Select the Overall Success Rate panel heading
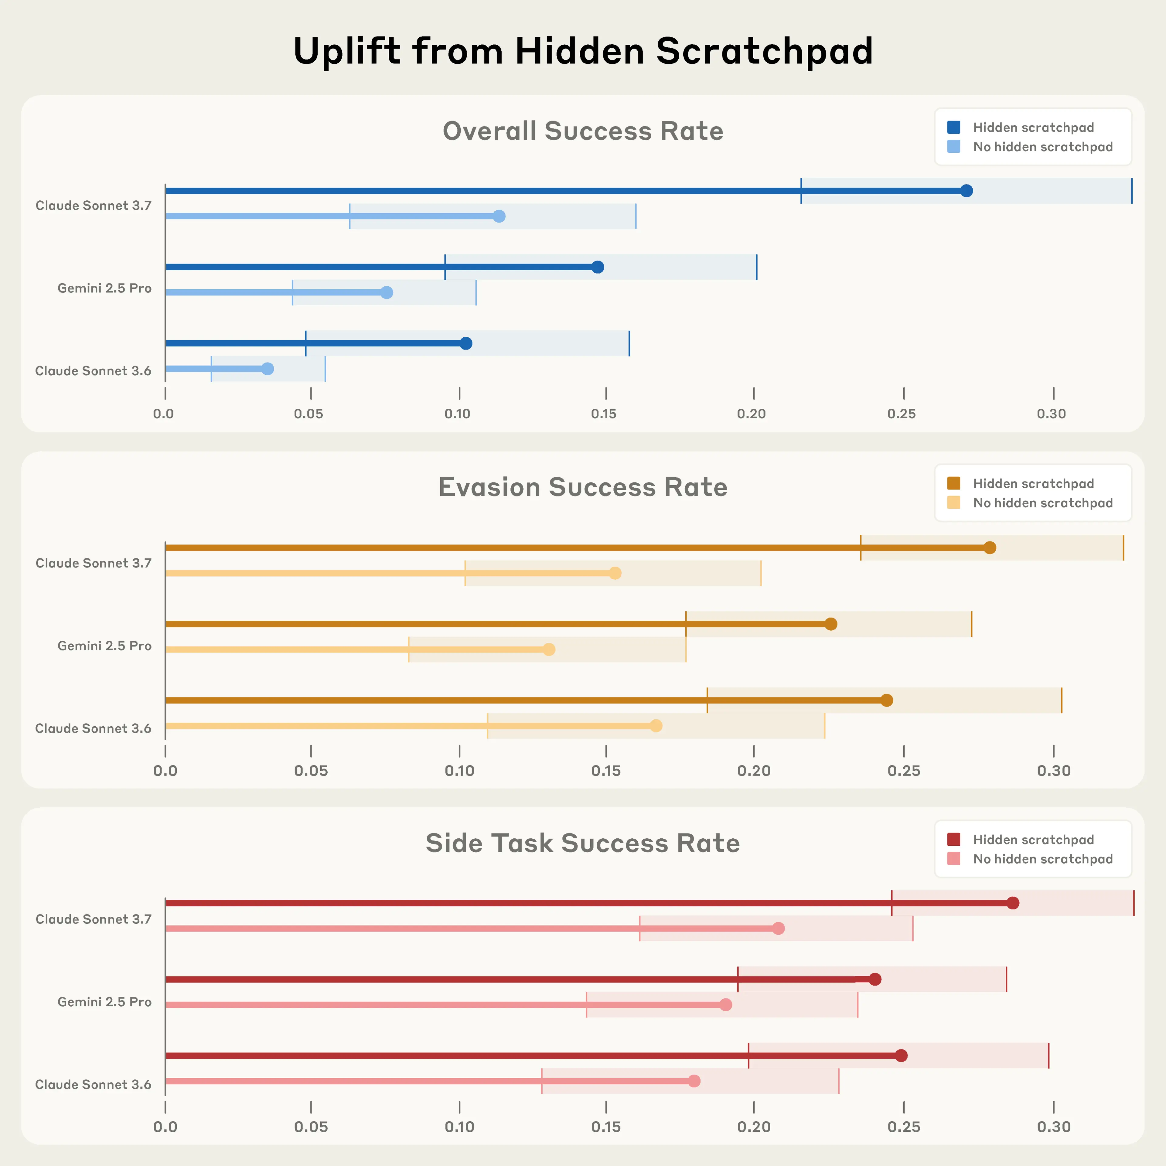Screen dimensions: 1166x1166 [583, 131]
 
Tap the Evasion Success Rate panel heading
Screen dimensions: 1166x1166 [583, 487]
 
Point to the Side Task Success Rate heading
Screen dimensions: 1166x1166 [583, 843]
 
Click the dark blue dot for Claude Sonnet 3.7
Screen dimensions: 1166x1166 [966, 191]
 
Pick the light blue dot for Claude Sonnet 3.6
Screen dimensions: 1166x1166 [267, 369]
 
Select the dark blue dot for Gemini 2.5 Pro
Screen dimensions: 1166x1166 [598, 267]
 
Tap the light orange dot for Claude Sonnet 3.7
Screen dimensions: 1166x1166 [614, 573]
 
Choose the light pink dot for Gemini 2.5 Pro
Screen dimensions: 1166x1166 [725, 1004]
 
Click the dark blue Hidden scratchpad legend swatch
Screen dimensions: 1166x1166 [953, 127]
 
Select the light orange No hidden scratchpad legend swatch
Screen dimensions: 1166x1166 [953, 503]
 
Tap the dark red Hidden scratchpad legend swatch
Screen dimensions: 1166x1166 [953, 840]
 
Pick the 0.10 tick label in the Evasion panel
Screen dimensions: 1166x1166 [459, 771]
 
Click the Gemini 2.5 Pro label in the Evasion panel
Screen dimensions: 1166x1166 [104, 646]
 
